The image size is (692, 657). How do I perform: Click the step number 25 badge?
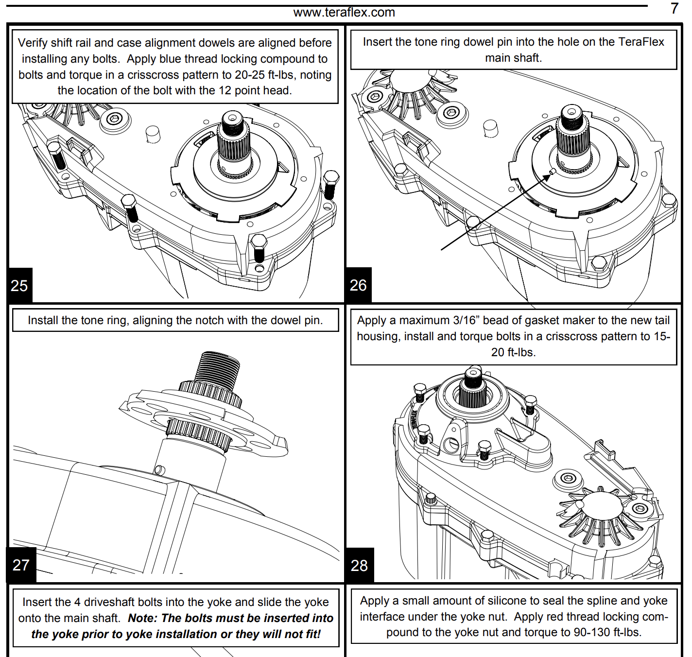[x=19, y=285]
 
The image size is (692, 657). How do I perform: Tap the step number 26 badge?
[x=358, y=285]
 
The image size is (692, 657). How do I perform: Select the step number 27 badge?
[x=21, y=565]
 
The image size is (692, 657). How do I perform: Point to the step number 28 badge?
[x=359, y=565]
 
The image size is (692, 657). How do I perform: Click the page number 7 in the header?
[x=675, y=8]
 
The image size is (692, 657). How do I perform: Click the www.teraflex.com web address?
[x=344, y=13]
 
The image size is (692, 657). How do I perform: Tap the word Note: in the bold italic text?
[x=143, y=618]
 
